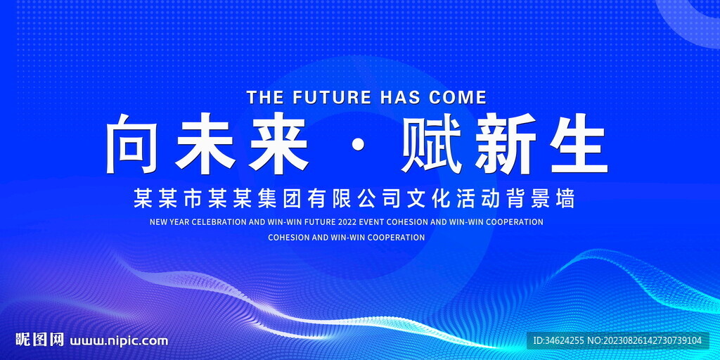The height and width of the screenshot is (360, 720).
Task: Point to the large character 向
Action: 133,143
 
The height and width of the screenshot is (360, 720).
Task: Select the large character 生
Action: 579,143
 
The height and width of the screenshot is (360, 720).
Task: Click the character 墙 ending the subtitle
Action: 566,198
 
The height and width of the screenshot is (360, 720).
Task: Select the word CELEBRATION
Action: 219,222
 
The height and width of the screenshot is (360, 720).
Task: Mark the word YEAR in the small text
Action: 178,222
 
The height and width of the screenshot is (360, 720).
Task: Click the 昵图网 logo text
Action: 39,340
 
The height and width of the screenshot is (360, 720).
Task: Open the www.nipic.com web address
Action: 119,341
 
